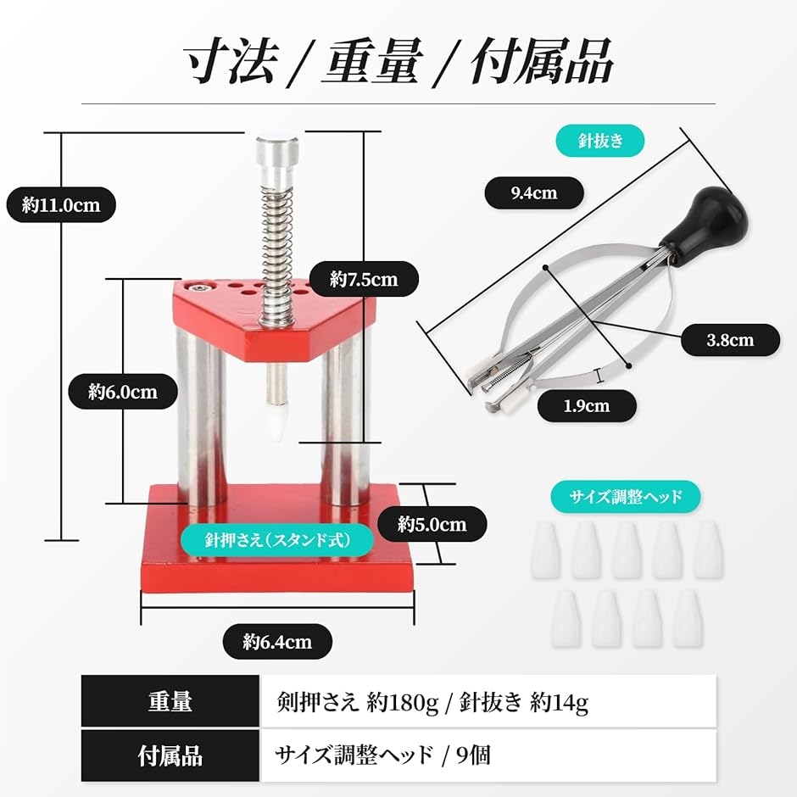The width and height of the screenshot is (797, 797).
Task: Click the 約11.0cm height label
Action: click(61, 205)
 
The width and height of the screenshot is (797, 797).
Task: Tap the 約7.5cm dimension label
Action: click(364, 279)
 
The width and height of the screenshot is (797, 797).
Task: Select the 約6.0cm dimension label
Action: click(123, 392)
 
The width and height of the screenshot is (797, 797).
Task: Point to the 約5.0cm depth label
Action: click(432, 524)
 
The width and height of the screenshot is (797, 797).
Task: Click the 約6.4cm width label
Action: click(277, 642)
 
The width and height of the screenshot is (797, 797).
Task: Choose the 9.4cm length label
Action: click(534, 192)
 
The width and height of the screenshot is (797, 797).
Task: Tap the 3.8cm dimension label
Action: click(730, 339)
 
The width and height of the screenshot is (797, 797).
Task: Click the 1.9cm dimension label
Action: click(587, 405)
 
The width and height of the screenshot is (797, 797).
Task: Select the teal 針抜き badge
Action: click(600, 140)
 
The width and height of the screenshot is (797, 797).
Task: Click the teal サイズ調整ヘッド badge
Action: click(626, 496)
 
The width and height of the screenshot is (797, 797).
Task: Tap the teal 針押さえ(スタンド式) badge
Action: click(277, 540)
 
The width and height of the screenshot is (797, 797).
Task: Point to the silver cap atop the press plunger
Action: click(277, 160)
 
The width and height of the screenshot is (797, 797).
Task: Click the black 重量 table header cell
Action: click(170, 701)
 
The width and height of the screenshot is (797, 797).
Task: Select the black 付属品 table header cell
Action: click(170, 755)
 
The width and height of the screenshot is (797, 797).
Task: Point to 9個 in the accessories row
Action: click(474, 755)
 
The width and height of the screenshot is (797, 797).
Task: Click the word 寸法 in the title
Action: click(231, 61)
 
